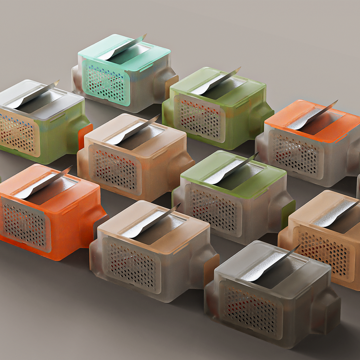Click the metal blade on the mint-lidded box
pyautogui.click(x=121, y=49)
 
